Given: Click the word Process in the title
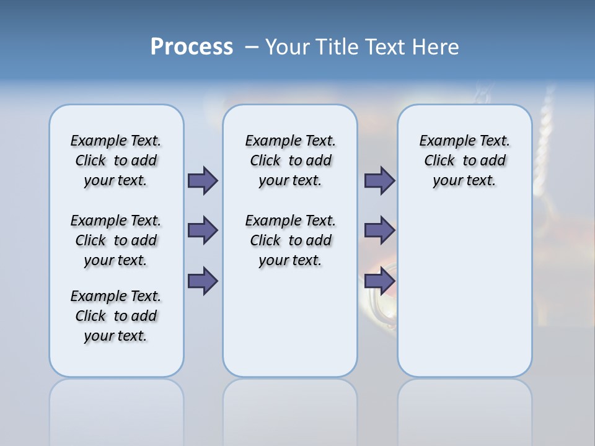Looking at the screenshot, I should pyautogui.click(x=192, y=47).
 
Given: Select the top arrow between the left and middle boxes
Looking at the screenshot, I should pyautogui.click(x=202, y=180).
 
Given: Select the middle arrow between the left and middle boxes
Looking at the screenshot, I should pyautogui.click(x=202, y=230).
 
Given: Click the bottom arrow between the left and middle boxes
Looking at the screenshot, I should pyautogui.click(x=202, y=281).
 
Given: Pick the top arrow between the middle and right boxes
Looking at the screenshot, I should pyautogui.click(x=379, y=180).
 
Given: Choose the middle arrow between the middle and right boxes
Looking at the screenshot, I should pyautogui.click(x=379, y=230).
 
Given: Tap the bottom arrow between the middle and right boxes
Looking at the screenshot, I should pyautogui.click(x=379, y=281).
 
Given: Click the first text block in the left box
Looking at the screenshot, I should pyautogui.click(x=116, y=160).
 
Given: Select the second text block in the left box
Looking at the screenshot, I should pyautogui.click(x=116, y=240).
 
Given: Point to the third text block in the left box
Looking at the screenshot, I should pyautogui.click(x=116, y=316).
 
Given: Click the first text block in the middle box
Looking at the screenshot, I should pyautogui.click(x=290, y=160).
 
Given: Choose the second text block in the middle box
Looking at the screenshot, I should pyautogui.click(x=290, y=240).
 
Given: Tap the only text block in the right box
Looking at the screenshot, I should pyautogui.click(x=464, y=160).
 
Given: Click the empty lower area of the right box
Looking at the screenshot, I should pyautogui.click(x=464, y=297).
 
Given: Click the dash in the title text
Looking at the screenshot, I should pyautogui.click(x=252, y=47).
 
